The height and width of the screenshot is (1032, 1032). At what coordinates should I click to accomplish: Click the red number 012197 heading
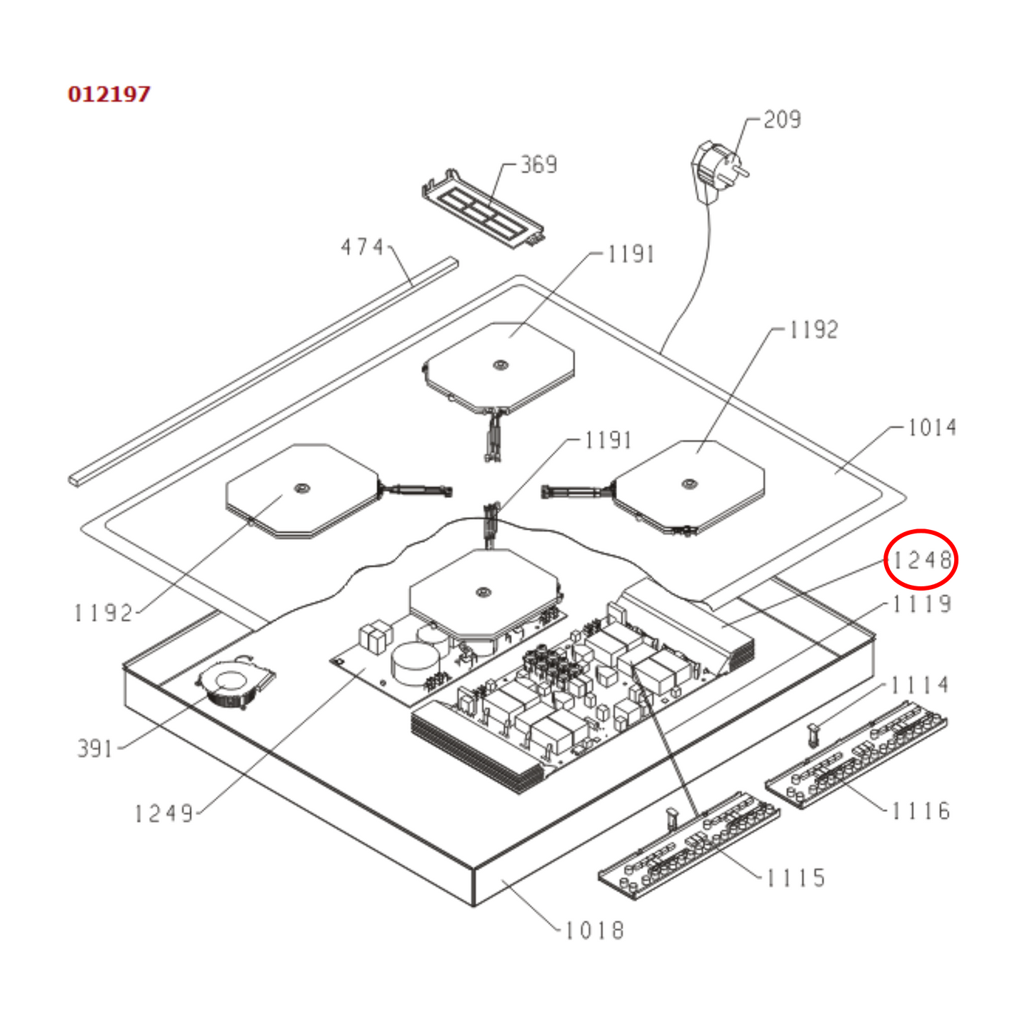109,94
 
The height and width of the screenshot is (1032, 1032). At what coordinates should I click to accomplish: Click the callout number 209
782,119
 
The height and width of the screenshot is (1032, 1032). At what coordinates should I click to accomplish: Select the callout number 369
538,164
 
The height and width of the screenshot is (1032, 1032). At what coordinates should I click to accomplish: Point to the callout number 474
363,247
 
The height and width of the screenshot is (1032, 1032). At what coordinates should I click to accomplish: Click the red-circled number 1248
921,560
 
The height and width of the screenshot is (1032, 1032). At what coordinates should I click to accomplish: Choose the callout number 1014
932,427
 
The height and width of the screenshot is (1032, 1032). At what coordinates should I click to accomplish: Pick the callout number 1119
922,604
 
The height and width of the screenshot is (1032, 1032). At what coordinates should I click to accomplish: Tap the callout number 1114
920,685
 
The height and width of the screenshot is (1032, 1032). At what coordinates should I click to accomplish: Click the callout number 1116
921,811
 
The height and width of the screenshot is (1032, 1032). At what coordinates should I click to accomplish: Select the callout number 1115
796,878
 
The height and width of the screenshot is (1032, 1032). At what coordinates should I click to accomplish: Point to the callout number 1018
594,930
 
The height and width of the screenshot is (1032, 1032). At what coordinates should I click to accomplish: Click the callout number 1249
164,813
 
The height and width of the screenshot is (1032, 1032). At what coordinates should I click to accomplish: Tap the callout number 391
95,748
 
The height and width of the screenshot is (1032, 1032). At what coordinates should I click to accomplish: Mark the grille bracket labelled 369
482,209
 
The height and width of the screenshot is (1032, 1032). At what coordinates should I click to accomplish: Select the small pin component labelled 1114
812,733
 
